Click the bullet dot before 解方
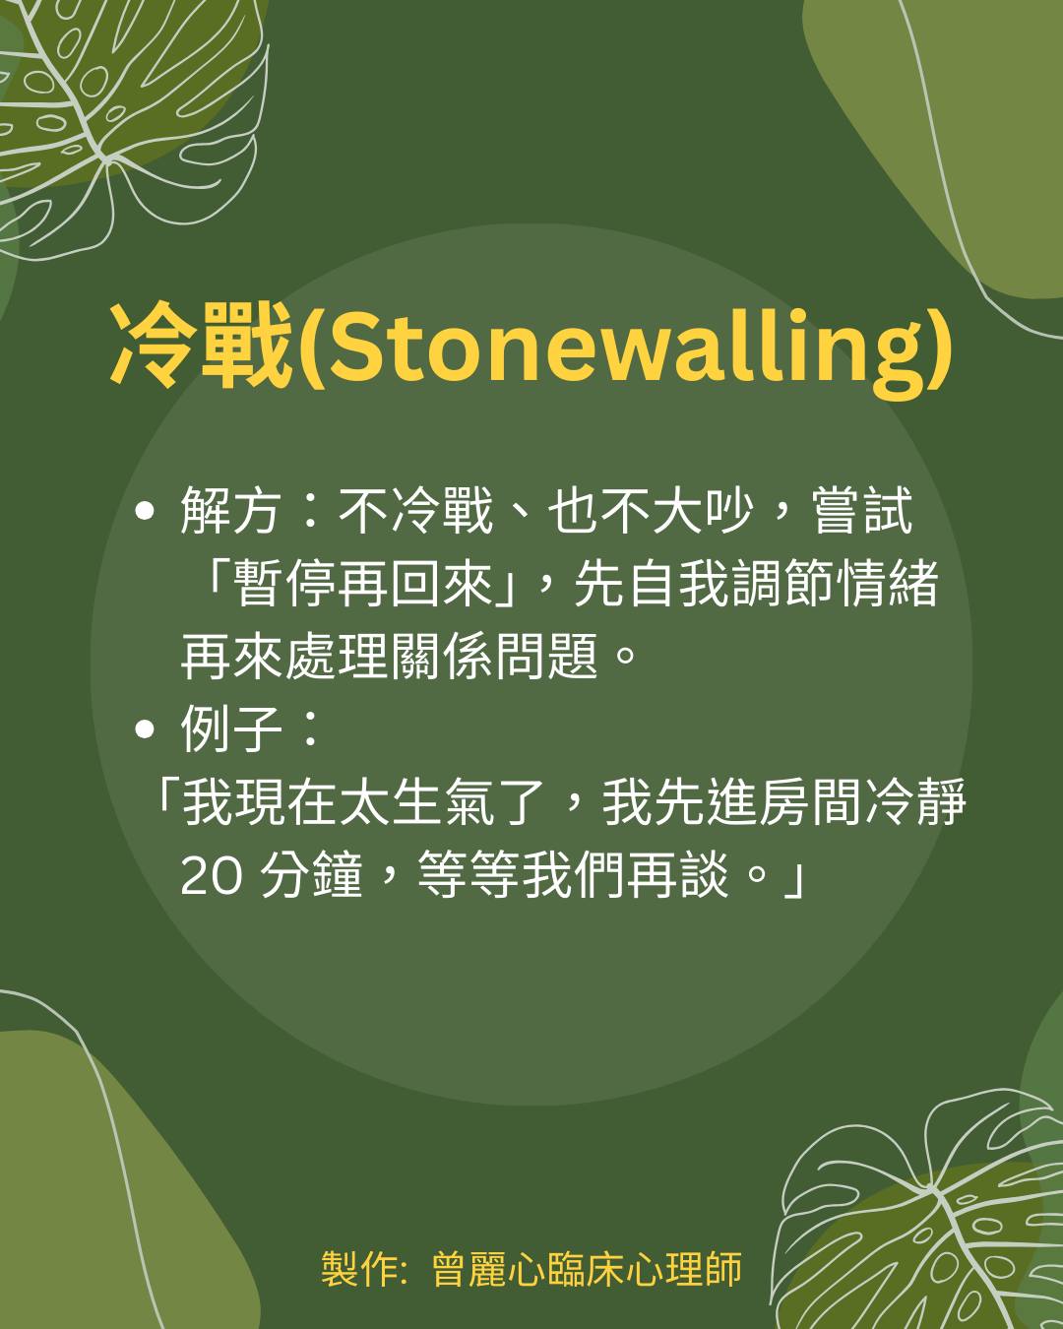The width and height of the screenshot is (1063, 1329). point(144,511)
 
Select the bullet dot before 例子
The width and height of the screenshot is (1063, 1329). point(144,729)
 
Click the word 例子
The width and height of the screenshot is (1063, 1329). point(229,728)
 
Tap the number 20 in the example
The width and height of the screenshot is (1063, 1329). point(211,876)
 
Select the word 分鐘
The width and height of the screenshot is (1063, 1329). point(311,874)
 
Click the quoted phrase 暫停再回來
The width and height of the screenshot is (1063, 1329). point(362,583)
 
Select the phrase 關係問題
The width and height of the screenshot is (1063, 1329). point(494,656)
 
